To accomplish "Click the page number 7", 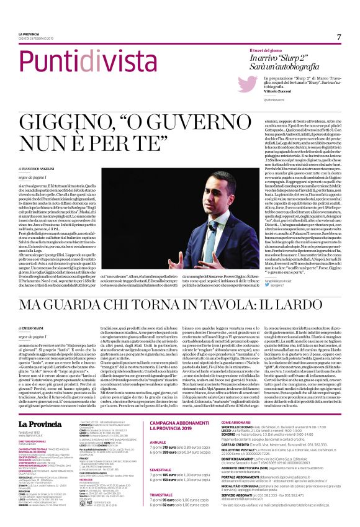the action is (x=339, y=37).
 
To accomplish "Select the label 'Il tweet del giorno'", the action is (x=266, y=50).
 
